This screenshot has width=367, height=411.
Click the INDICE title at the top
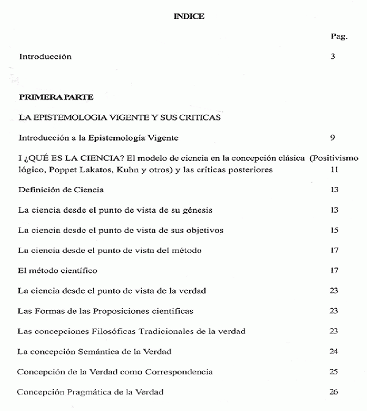189,17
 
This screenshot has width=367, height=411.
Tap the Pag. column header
338,36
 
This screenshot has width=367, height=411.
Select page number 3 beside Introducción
333,57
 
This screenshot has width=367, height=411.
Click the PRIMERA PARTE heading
56,97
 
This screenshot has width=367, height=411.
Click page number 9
333,138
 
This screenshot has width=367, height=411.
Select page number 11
334,169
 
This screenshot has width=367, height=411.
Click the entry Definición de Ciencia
61,190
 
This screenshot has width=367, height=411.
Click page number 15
334,230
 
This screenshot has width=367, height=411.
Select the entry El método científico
57,270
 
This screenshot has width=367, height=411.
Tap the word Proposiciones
132,311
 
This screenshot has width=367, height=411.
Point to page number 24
334,351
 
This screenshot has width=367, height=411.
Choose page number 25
334,371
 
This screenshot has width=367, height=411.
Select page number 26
334,391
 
